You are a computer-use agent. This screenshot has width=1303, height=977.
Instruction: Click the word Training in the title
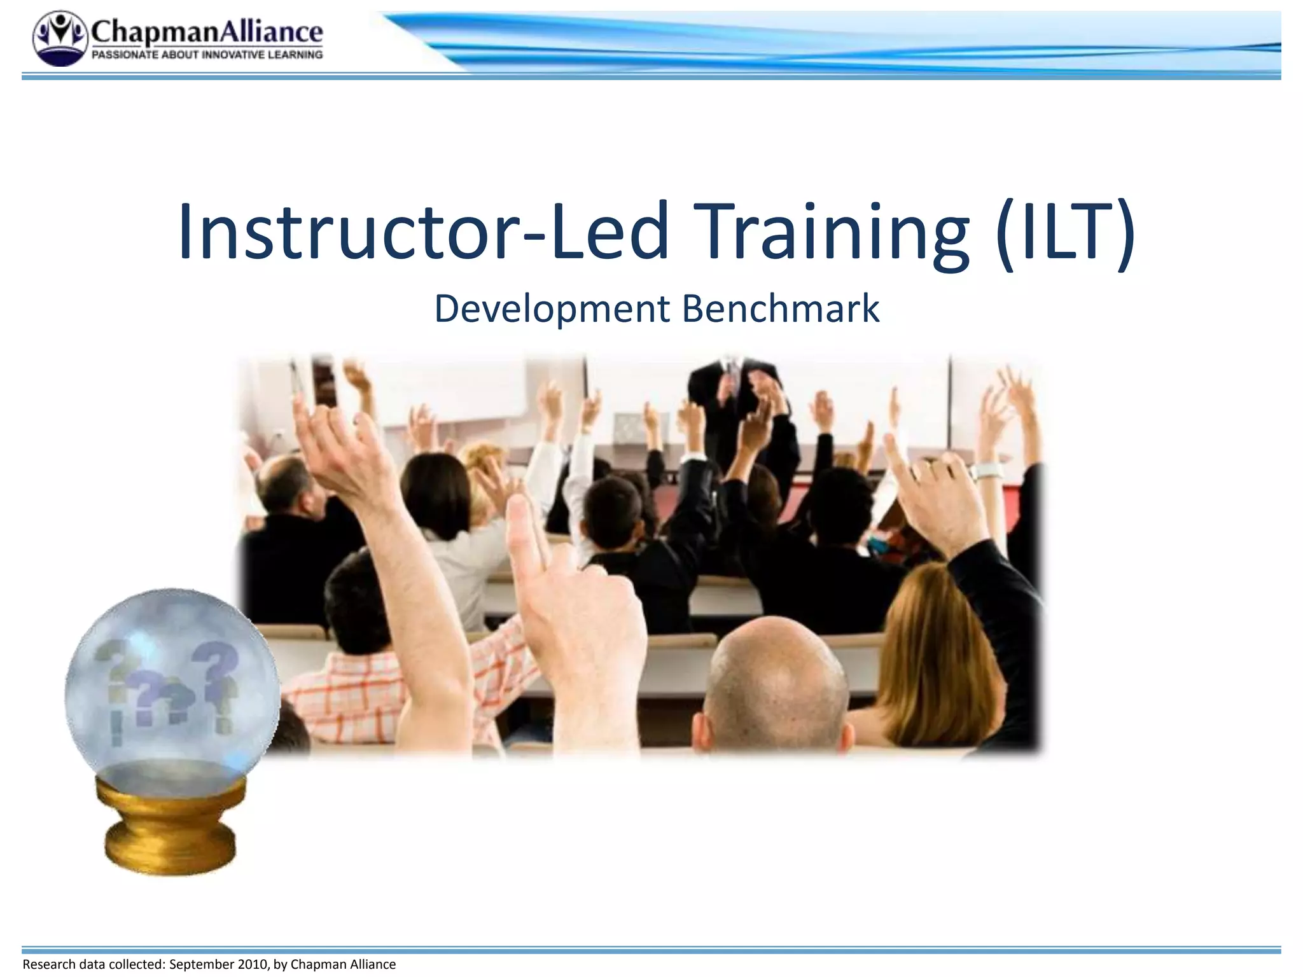[833, 232]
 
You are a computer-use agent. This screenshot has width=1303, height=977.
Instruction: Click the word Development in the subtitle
[552, 310]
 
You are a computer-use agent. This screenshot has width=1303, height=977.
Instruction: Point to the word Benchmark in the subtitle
[781, 310]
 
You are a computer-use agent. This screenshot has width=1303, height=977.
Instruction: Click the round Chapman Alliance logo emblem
[60, 38]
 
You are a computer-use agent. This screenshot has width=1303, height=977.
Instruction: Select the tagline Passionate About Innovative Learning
[207, 55]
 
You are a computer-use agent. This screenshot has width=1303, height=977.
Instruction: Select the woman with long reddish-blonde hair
[935, 655]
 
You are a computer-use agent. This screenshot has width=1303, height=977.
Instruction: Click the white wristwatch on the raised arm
[988, 471]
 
